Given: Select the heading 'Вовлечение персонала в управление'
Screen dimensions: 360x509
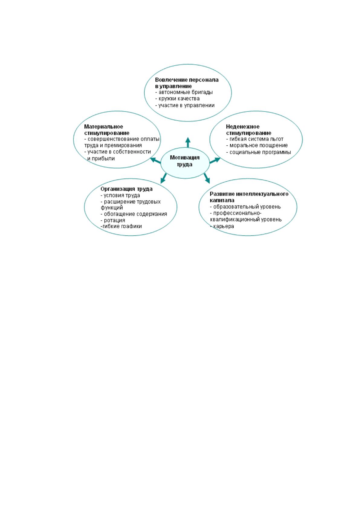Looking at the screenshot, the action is click(186, 83).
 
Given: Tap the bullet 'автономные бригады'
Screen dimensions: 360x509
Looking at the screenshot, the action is click(184, 92).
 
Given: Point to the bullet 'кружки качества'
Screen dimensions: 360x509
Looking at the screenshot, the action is click(177, 99).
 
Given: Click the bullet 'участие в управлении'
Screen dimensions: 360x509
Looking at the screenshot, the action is click(185, 105).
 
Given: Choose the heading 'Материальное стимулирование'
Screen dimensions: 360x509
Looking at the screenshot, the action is click(107, 130).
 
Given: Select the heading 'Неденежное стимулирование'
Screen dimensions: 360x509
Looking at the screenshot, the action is click(249, 130).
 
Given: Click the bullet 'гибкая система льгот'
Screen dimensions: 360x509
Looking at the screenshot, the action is click(255, 139).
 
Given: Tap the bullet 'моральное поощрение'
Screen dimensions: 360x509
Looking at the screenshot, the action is click(257, 145).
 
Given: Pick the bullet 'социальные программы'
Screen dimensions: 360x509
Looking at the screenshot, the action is click(258, 152).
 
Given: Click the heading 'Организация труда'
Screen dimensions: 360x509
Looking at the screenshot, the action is click(126, 189).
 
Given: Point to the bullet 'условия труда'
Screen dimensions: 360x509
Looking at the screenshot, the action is click(120, 196).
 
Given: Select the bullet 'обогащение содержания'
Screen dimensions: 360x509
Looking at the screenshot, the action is click(134, 214).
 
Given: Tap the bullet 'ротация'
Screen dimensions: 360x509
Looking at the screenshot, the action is click(113, 220).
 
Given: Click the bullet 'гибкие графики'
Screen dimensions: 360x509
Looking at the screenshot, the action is click(121, 226).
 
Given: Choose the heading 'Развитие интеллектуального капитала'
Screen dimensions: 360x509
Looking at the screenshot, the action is click(249, 197).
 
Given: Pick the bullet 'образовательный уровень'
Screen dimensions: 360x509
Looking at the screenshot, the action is click(245, 207).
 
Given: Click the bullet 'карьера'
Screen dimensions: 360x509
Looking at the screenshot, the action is click(222, 226).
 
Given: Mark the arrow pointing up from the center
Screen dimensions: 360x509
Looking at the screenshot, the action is click(188, 142).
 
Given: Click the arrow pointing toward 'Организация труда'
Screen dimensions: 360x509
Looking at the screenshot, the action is click(164, 178).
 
